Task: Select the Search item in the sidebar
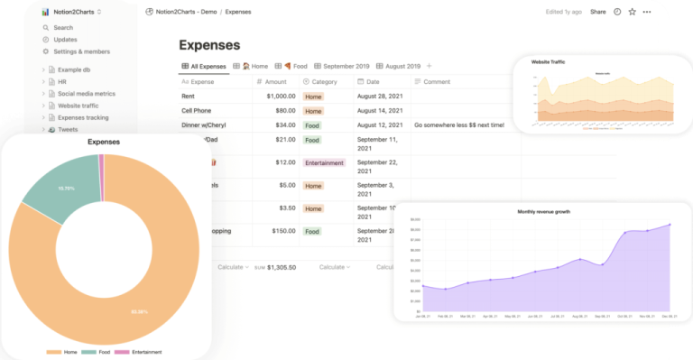point(62,28)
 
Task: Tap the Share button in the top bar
point(597,12)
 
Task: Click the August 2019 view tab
point(397,66)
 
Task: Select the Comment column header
point(436,81)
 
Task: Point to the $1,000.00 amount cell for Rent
point(279,96)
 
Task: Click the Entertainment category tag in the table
point(324,162)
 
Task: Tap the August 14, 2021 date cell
point(379,111)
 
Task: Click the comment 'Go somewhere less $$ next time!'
point(472,125)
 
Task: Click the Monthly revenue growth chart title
point(543,212)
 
